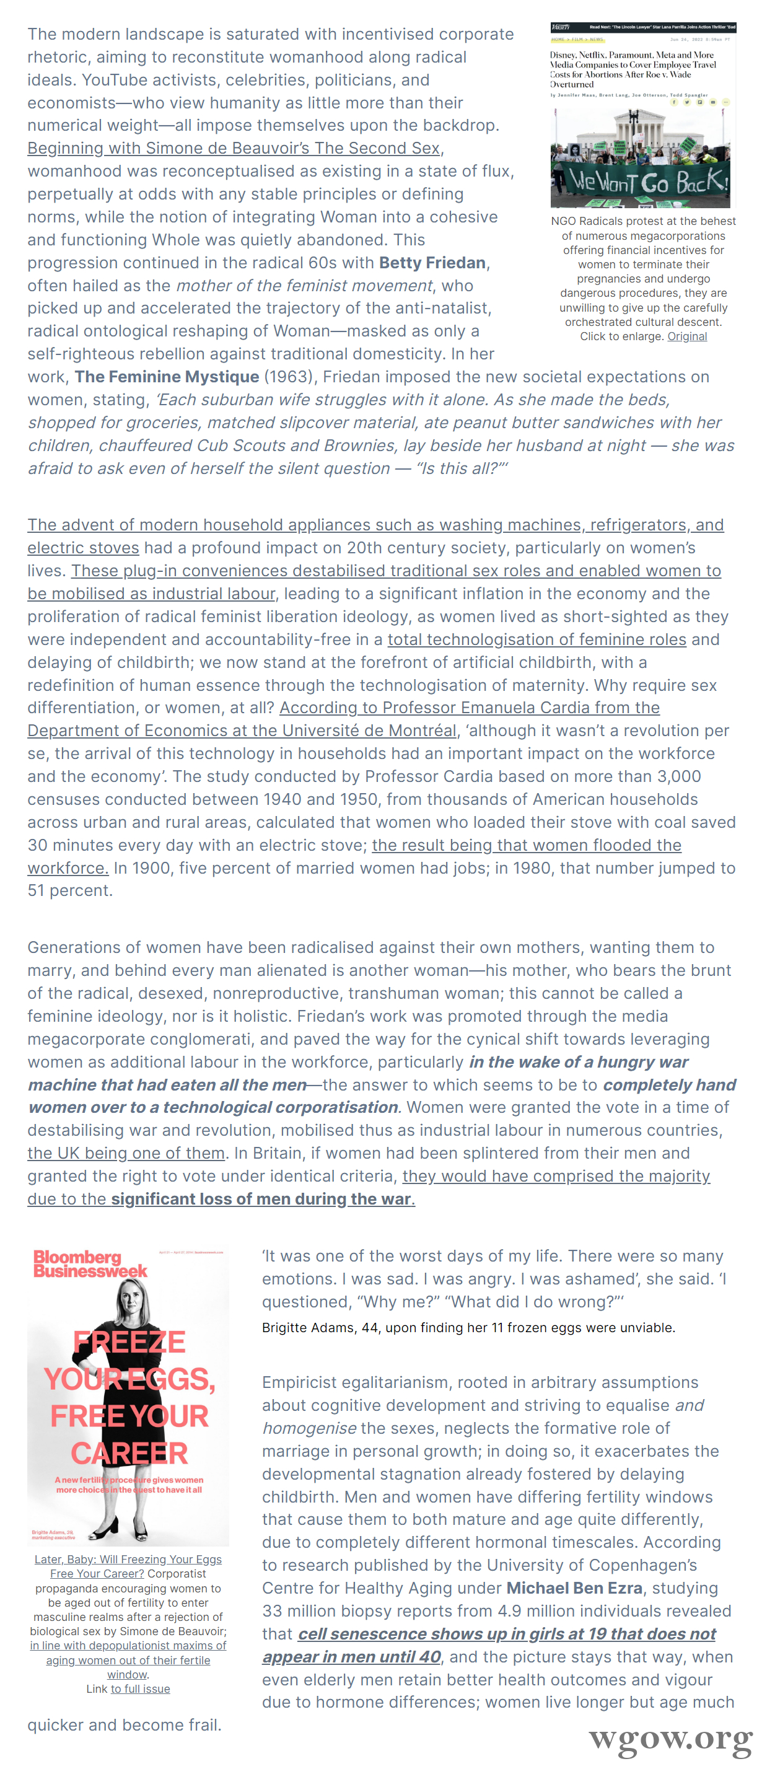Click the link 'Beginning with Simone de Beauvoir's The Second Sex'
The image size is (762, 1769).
pos(234,148)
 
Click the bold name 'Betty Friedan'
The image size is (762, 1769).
pos(432,263)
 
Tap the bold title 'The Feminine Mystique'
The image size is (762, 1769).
pos(167,377)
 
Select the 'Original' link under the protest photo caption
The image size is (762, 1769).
pos(686,336)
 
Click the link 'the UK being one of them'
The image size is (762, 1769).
pos(126,1154)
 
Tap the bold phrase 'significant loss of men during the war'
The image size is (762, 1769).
pos(261,1200)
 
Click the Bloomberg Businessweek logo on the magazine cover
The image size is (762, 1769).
pos(89,1263)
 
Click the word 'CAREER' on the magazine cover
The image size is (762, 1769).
pos(129,1453)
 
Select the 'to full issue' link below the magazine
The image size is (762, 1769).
pos(140,1688)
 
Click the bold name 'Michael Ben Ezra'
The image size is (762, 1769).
pos(574,1589)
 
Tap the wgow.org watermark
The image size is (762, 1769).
pos(669,1739)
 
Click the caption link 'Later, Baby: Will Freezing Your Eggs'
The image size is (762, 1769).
pos(128,1560)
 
